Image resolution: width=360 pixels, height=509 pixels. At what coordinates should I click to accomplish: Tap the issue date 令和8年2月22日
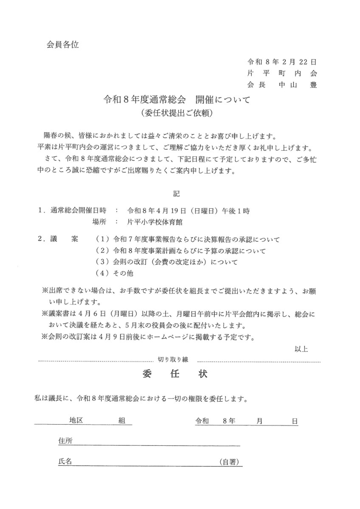point(282,62)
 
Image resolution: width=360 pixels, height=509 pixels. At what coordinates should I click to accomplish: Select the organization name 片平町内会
point(282,73)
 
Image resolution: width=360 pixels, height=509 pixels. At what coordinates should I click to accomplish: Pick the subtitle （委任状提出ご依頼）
point(177,113)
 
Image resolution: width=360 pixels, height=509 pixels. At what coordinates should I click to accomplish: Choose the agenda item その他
point(124,274)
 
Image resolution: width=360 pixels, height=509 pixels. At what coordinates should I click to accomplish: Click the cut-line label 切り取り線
point(173,359)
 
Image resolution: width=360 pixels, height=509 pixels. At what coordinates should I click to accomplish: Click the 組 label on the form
point(121,420)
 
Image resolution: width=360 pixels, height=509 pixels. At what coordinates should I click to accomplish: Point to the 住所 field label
point(65,441)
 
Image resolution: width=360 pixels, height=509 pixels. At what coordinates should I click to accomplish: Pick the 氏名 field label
point(65,461)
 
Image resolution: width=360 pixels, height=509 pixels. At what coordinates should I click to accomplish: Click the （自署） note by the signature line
point(231,462)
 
